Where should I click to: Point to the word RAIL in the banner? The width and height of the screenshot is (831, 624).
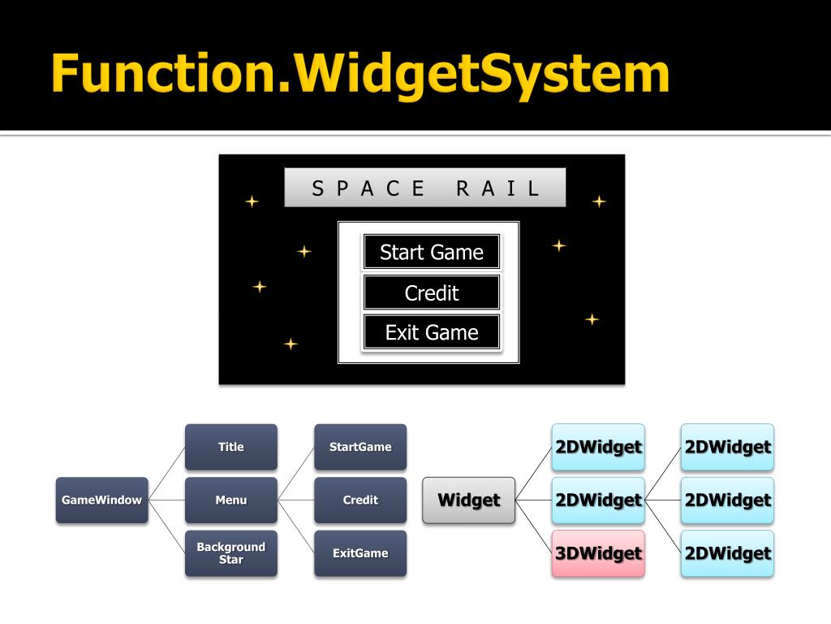tap(497, 188)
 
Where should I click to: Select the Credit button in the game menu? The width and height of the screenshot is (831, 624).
tap(431, 292)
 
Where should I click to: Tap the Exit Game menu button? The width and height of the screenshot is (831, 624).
tap(431, 332)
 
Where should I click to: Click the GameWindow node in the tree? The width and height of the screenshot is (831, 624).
tap(101, 500)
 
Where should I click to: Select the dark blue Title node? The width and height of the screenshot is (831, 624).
tap(230, 447)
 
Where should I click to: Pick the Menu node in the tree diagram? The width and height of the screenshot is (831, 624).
tap(230, 500)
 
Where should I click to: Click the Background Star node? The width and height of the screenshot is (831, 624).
tap(230, 553)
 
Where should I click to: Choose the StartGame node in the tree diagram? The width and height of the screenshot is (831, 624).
tap(360, 447)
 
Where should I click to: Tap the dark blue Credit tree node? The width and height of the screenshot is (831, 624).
tap(360, 500)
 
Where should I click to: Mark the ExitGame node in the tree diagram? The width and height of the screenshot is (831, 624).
tap(360, 553)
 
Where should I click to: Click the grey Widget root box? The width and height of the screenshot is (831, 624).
tap(468, 500)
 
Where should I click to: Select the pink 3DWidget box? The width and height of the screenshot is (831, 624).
tap(598, 553)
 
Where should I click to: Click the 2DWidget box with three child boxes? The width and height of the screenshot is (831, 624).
tap(598, 500)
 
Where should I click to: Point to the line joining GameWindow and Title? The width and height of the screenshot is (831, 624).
tap(166, 474)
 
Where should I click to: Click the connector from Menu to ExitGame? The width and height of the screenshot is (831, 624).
tap(295, 526)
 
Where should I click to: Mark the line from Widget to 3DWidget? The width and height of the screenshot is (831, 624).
tap(533, 526)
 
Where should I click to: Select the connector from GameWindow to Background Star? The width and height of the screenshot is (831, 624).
tap(166, 526)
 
